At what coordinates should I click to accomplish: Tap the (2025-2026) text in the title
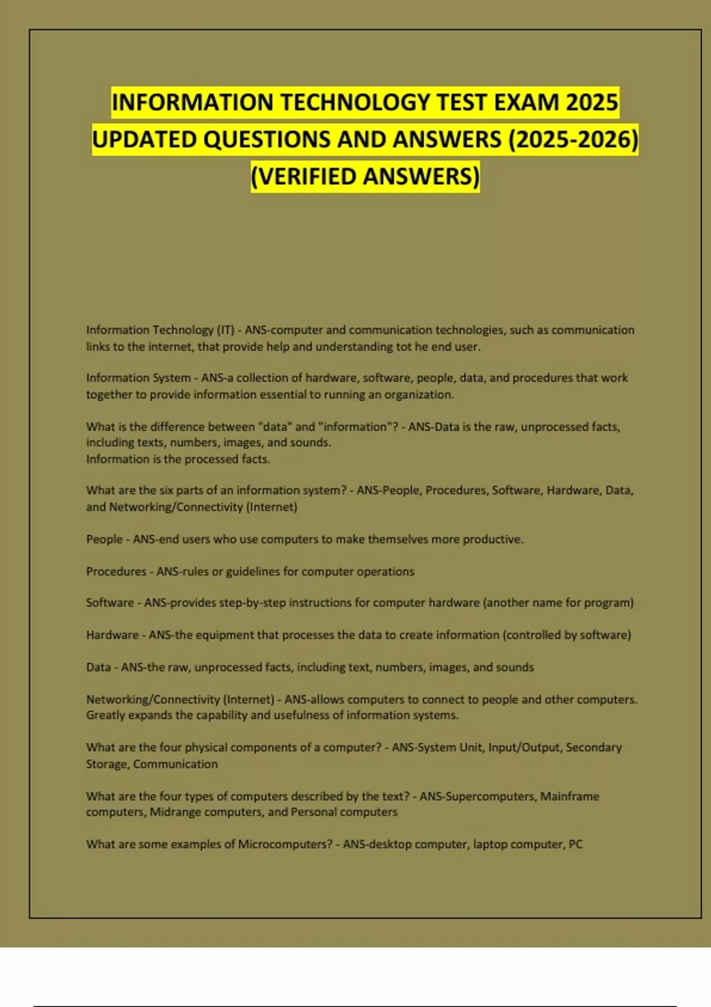pyautogui.click(x=573, y=140)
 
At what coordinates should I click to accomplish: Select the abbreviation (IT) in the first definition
pyautogui.click(x=225, y=330)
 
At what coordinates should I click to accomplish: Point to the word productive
pyautogui.click(x=492, y=540)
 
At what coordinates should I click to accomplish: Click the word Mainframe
pyautogui.click(x=569, y=796)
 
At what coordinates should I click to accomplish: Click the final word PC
pyautogui.click(x=575, y=845)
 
